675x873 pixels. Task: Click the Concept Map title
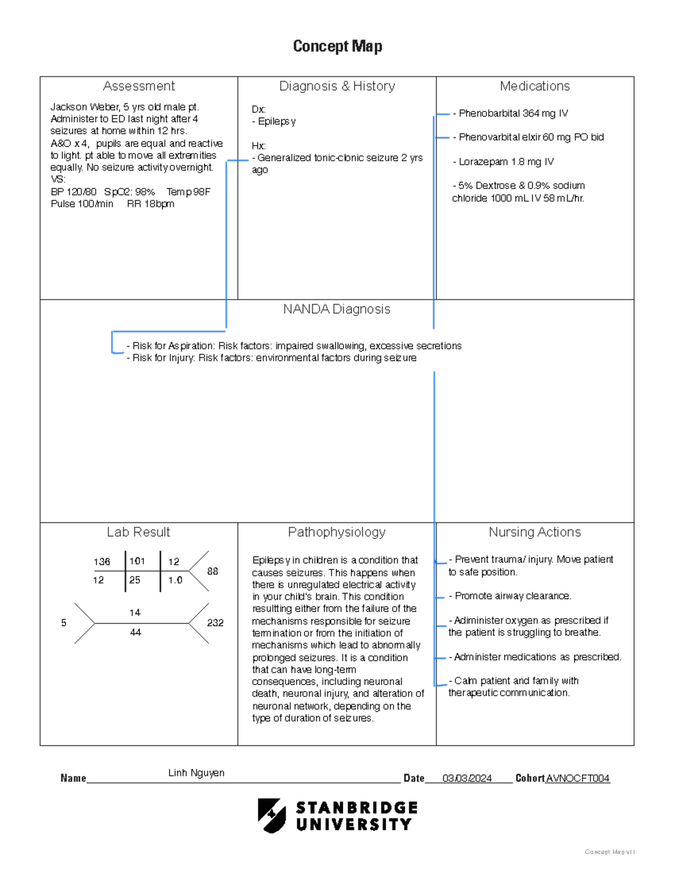[337, 46]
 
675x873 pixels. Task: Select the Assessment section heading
[138, 86]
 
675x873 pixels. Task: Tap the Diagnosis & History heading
[337, 86]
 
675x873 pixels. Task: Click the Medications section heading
[534, 86]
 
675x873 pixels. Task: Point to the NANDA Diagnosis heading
[336, 309]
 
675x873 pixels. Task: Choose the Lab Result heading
[138, 532]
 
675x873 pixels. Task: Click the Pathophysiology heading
[336, 532]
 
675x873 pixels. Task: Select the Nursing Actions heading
[534, 532]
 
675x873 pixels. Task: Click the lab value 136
[102, 562]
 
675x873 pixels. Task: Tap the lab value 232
[215, 623]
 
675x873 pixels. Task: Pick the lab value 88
[212, 571]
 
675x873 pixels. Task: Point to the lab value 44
[135, 632]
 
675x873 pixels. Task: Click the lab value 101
[137, 561]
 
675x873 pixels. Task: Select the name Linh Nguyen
[196, 773]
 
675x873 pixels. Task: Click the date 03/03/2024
[467, 779]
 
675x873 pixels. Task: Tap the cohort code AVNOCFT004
[578, 779]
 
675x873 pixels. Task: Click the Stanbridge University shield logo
[272, 816]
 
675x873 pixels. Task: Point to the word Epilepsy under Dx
[276, 121]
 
